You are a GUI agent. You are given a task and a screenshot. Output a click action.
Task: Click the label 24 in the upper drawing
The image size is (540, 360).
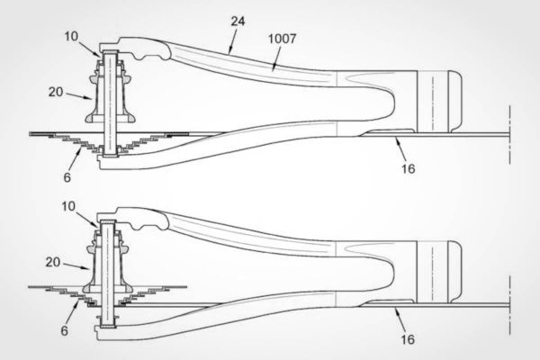pos(238,22)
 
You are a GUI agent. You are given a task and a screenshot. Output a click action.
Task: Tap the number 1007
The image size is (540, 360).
pos(282,39)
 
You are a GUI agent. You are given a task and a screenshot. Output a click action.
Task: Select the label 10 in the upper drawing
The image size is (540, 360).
pos(71,36)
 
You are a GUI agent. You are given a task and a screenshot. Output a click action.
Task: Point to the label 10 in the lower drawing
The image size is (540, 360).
pos(68,206)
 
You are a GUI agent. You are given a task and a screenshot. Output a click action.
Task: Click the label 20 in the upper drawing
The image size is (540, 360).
pos(56,92)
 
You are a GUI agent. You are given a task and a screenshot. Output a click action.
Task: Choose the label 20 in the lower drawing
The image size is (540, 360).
pos(53,262)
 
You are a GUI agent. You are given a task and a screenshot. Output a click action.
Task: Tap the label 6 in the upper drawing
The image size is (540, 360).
pos(67,177)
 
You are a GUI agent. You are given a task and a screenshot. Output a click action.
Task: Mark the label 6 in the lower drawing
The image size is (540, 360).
pos(65,330)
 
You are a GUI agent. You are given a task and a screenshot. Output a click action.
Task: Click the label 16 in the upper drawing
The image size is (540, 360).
pos(408,168)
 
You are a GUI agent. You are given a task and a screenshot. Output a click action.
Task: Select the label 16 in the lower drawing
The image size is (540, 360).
pos(408,339)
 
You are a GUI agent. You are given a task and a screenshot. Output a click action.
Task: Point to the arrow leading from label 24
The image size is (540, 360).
pos(233,41)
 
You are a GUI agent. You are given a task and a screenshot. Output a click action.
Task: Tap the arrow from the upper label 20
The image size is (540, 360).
pos(79,95)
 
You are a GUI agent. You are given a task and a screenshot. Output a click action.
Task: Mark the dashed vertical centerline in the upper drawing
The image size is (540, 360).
pos(509,135)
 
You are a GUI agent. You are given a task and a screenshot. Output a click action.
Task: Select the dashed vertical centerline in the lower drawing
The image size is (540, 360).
pos(509,305)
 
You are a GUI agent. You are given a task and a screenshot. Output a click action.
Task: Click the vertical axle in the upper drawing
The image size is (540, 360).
pos(110,103)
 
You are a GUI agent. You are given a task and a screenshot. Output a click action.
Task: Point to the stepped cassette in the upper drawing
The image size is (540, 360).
pos(110,142)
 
